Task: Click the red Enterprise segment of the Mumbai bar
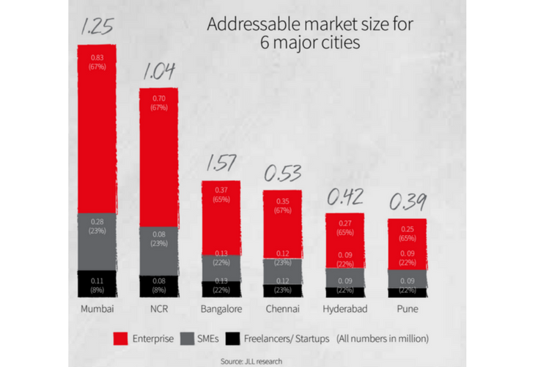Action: click(x=97, y=128)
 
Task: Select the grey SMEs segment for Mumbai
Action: click(x=97, y=241)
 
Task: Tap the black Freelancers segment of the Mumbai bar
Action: click(x=97, y=283)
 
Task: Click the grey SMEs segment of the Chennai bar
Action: click(x=282, y=271)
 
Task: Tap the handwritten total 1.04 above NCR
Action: click(x=159, y=72)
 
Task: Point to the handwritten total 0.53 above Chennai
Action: click(x=283, y=174)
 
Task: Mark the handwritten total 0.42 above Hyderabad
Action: click(x=344, y=198)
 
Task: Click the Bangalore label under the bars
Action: click(x=221, y=309)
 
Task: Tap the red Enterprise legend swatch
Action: click(x=122, y=338)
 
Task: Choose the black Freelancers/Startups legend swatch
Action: click(x=234, y=338)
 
